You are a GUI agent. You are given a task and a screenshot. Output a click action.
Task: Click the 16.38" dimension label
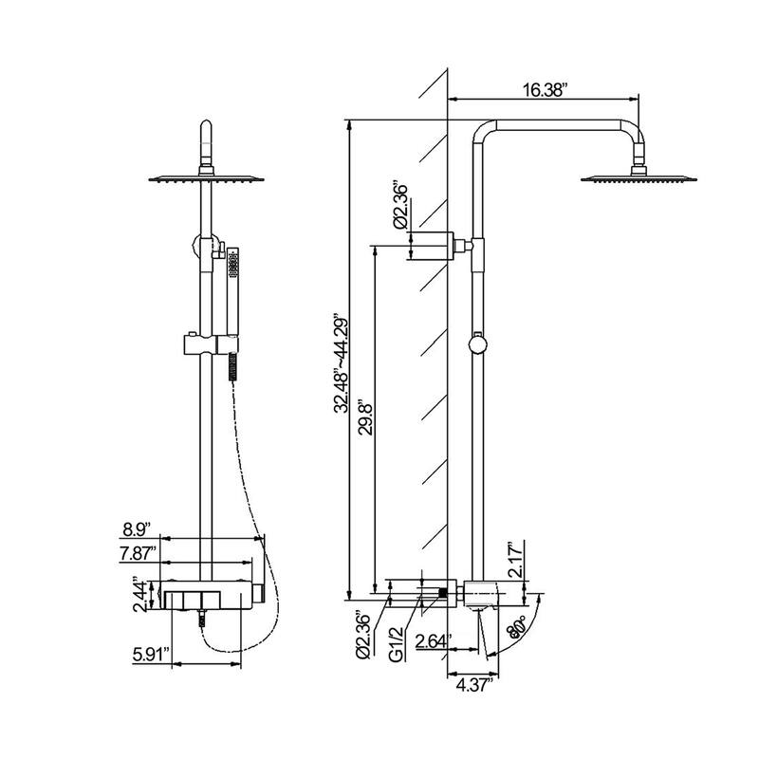coord(543,90)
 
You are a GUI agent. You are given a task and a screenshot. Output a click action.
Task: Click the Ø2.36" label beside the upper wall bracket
coord(400,204)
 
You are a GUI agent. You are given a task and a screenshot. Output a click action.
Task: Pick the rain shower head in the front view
coord(206,177)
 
